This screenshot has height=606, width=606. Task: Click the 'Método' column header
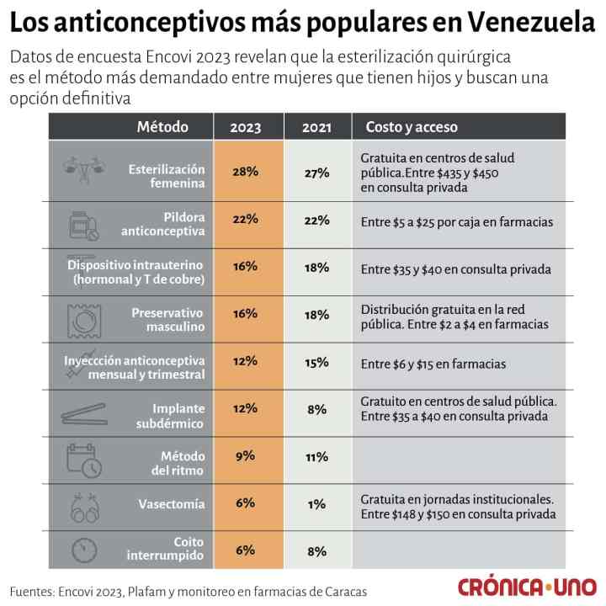tap(162, 127)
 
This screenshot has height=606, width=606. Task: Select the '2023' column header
tap(245, 128)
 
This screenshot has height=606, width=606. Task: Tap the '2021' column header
tap(316, 128)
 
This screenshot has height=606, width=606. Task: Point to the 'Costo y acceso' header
tap(412, 127)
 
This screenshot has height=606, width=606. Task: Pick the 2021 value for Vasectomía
tap(316, 504)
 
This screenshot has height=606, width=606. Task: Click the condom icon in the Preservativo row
tap(84, 319)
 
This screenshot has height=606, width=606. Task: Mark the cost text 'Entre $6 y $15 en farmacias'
tap(433, 364)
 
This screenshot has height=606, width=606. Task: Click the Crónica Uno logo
tap(525, 587)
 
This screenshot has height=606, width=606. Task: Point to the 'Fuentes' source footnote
tap(189, 591)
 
